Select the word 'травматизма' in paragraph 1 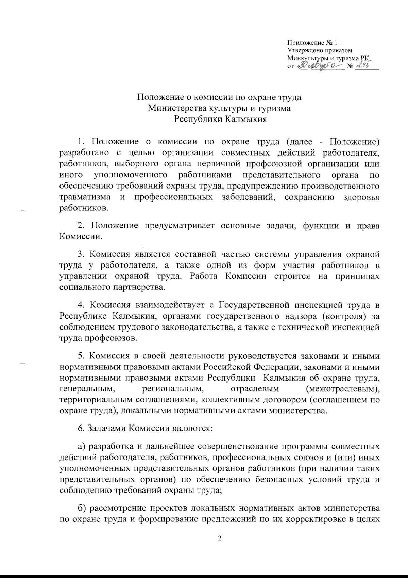click(x=85, y=197)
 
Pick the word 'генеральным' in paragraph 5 click(x=86, y=388)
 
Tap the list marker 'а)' click(x=81, y=446)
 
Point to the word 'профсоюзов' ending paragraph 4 click(x=109, y=338)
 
